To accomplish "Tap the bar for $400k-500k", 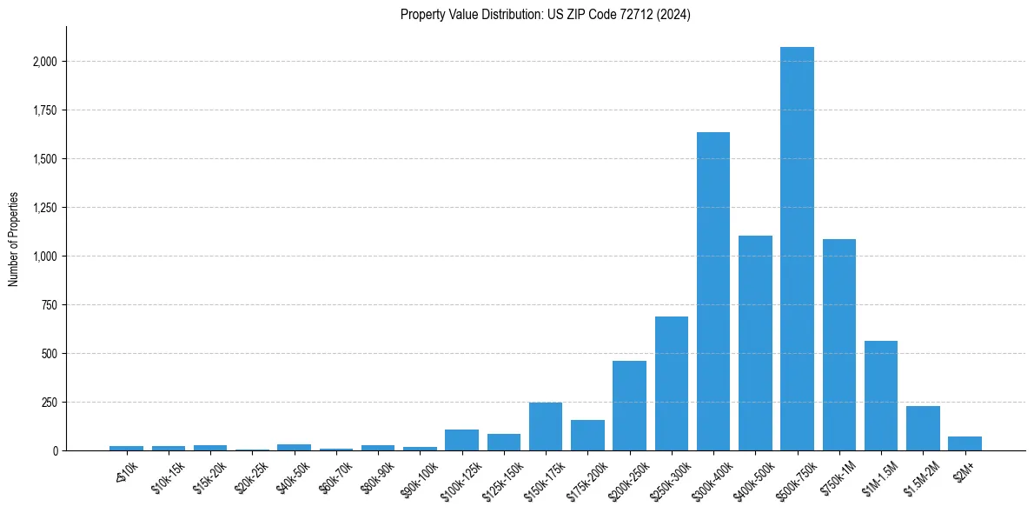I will click(x=755, y=343).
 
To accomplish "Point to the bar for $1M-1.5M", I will click(x=881, y=396).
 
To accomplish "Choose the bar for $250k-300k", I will click(x=672, y=383).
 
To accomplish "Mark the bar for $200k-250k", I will click(x=629, y=405).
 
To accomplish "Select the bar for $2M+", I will click(x=964, y=443).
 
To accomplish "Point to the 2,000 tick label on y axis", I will click(x=44, y=62).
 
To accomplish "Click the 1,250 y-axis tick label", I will click(x=44, y=208).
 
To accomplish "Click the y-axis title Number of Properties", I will click(x=13, y=238).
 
